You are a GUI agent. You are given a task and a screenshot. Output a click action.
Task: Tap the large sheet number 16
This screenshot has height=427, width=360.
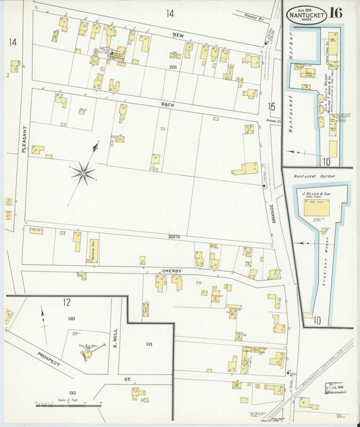336,12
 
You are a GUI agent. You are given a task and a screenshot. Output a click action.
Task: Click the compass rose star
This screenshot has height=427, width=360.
83,172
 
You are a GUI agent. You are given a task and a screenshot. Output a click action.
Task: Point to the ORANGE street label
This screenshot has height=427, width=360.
272,214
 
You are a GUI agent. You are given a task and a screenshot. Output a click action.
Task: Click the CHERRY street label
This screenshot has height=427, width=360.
173,270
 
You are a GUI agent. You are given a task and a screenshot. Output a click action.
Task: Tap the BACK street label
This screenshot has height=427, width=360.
168,105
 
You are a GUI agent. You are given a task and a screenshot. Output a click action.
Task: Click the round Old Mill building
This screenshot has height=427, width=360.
88,352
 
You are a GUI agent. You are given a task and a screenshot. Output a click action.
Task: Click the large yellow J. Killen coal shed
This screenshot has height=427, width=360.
315,209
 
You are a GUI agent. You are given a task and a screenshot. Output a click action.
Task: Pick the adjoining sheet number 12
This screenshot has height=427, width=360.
67,302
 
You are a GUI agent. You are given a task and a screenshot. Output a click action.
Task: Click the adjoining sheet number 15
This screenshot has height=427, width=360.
271,106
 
